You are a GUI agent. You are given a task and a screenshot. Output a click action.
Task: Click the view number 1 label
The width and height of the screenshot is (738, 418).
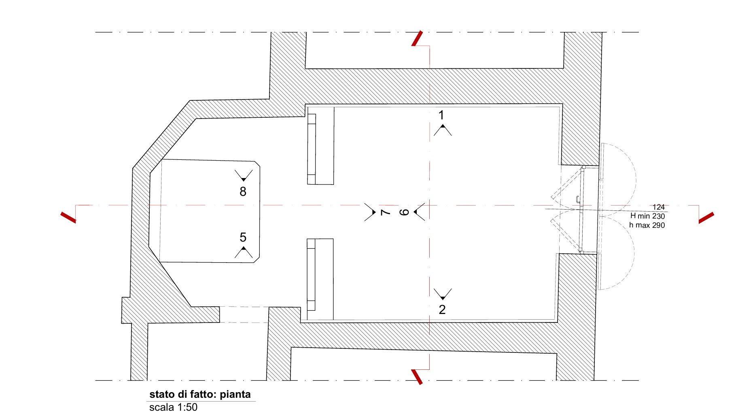(x=441, y=115)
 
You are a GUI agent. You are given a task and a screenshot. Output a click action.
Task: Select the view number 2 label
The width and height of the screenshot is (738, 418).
(x=442, y=310)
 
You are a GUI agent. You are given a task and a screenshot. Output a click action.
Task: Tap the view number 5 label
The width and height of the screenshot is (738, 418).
(x=243, y=237)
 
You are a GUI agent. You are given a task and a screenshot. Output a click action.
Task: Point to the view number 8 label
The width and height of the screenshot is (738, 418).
(x=243, y=191)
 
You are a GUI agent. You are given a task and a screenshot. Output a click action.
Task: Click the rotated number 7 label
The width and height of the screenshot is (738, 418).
(x=385, y=212)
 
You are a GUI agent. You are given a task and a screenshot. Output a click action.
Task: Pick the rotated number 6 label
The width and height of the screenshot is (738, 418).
(x=404, y=212)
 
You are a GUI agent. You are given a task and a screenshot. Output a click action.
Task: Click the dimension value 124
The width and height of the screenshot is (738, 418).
(x=659, y=207)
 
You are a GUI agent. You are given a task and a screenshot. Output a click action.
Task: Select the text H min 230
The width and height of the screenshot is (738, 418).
(x=647, y=216)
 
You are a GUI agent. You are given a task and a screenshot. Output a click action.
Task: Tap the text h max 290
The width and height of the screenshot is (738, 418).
(x=647, y=225)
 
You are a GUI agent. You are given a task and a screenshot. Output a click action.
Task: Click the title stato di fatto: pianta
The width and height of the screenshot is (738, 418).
(x=200, y=394)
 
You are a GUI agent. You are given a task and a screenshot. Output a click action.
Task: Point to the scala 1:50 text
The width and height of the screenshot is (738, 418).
(x=174, y=407)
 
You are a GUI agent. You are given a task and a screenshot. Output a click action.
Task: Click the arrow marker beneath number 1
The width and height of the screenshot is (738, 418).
(x=443, y=130)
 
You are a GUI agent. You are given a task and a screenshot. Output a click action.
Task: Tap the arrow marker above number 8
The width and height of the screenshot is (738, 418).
(x=244, y=176)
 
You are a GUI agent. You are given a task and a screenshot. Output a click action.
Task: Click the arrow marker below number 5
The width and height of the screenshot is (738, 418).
(x=244, y=252)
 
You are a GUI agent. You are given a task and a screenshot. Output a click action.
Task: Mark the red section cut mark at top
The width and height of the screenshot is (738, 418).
(x=418, y=38)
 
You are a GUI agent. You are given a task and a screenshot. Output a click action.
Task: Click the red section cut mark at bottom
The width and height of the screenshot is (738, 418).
(x=417, y=377)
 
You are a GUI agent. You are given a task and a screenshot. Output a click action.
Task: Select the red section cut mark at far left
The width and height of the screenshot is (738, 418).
(x=68, y=217)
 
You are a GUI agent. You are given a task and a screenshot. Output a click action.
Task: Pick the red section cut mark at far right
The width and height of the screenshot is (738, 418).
(x=706, y=218)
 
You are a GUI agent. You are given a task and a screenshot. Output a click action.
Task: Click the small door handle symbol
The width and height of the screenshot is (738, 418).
(x=577, y=199)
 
